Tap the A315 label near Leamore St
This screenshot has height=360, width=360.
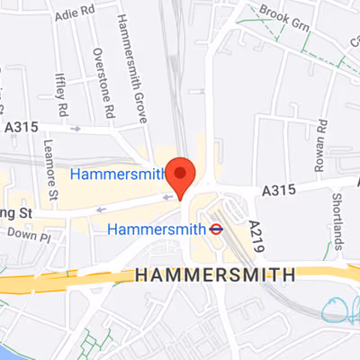pyautogui.click(x=21, y=128)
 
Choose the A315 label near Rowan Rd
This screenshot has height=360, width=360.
pyautogui.click(x=280, y=191)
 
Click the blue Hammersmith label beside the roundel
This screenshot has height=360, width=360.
pyautogui.click(x=157, y=229)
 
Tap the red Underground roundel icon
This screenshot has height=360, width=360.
pyautogui.click(x=216, y=229)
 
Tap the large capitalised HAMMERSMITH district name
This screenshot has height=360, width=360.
pyautogui.click(x=216, y=274)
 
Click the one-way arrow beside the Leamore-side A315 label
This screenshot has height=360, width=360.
pyautogui.click(x=76, y=128)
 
